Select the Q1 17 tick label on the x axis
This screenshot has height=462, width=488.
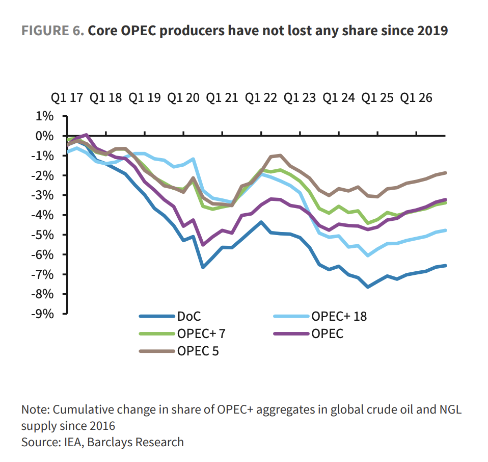tap(67, 97)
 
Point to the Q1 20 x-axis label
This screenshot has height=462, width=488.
tap(184, 97)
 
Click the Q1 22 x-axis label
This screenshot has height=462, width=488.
tap(261, 97)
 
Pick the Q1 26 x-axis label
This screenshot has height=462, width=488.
tap(416, 97)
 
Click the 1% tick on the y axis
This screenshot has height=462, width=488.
tap(45, 116)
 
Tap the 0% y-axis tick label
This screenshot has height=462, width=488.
tap(45, 136)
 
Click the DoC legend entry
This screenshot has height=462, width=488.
tap(185, 317)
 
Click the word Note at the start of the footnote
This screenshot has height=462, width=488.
tap(35, 409)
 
